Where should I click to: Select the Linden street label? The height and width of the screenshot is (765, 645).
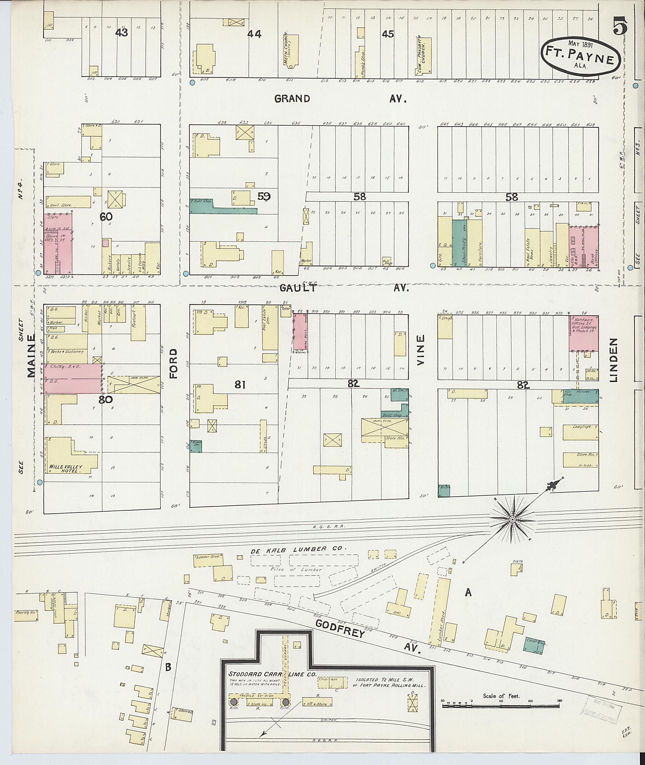pyautogui.click(x=613, y=360)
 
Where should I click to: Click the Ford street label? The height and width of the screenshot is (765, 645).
pyautogui.click(x=173, y=363)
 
